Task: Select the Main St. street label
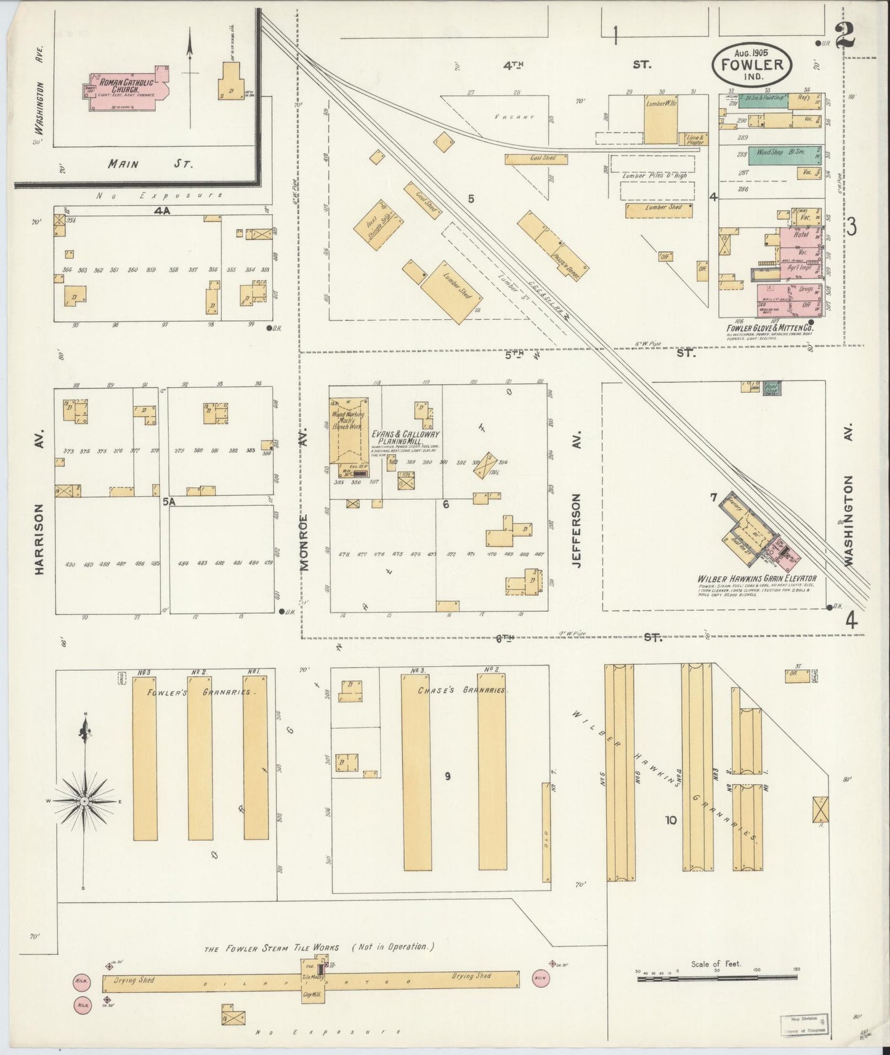(150, 164)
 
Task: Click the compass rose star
(83, 801)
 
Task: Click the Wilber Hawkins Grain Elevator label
(756, 579)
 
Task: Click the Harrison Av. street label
(40, 539)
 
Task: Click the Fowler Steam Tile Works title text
(271, 949)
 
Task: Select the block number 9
(448, 776)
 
